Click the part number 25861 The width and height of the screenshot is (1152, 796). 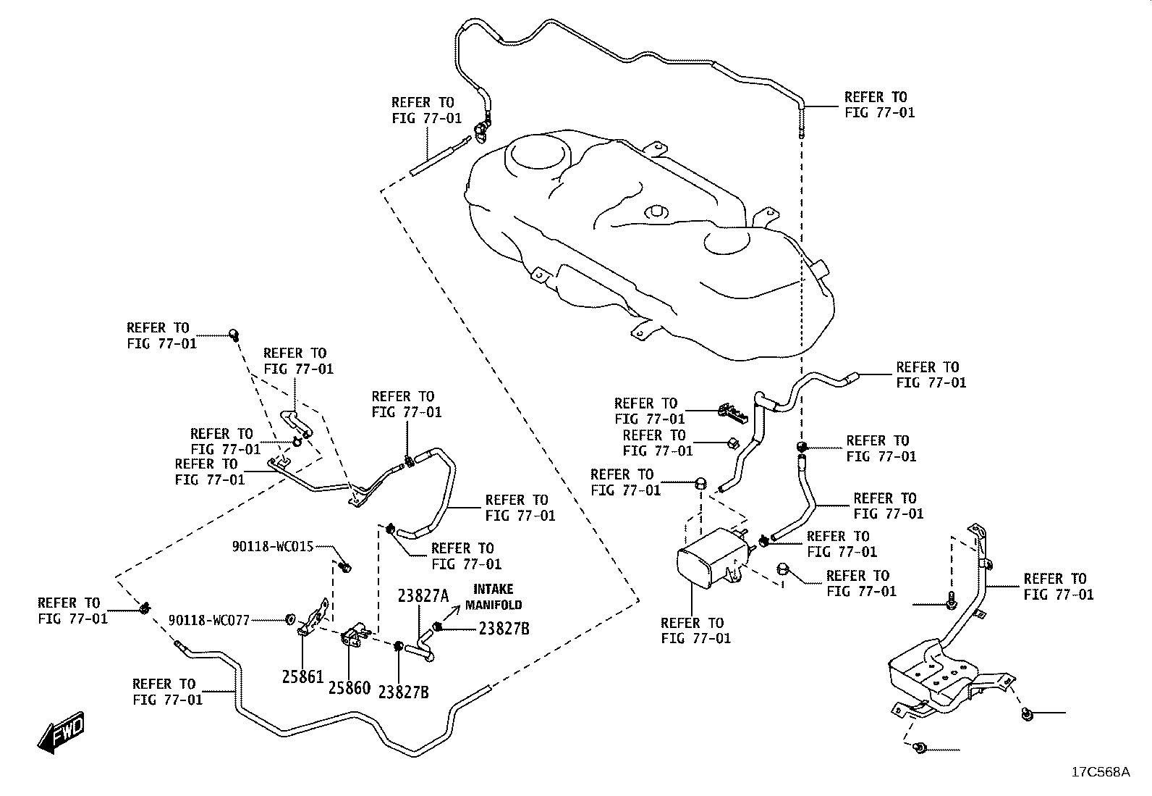click(302, 676)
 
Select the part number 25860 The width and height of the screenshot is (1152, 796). click(350, 688)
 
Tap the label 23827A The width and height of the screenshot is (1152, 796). click(423, 596)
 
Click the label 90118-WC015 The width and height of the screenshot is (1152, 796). click(273, 546)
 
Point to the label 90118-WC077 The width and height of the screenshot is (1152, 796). click(209, 621)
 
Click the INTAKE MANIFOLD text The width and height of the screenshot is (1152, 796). click(494, 597)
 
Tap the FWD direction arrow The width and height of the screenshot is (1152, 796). click(61, 732)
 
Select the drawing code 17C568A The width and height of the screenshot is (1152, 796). click(1101, 772)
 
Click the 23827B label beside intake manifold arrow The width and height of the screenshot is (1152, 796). click(504, 629)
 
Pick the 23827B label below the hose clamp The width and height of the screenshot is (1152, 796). click(403, 692)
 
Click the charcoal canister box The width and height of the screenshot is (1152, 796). click(713, 559)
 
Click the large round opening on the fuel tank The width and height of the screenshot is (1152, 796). click(538, 152)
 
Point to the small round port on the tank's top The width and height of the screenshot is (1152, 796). click(656, 211)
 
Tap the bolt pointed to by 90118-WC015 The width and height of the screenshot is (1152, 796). click(346, 567)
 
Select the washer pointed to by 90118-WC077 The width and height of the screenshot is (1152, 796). click(290, 619)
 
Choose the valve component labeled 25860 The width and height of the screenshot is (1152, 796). click(355, 634)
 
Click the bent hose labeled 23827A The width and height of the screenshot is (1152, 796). click(423, 648)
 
